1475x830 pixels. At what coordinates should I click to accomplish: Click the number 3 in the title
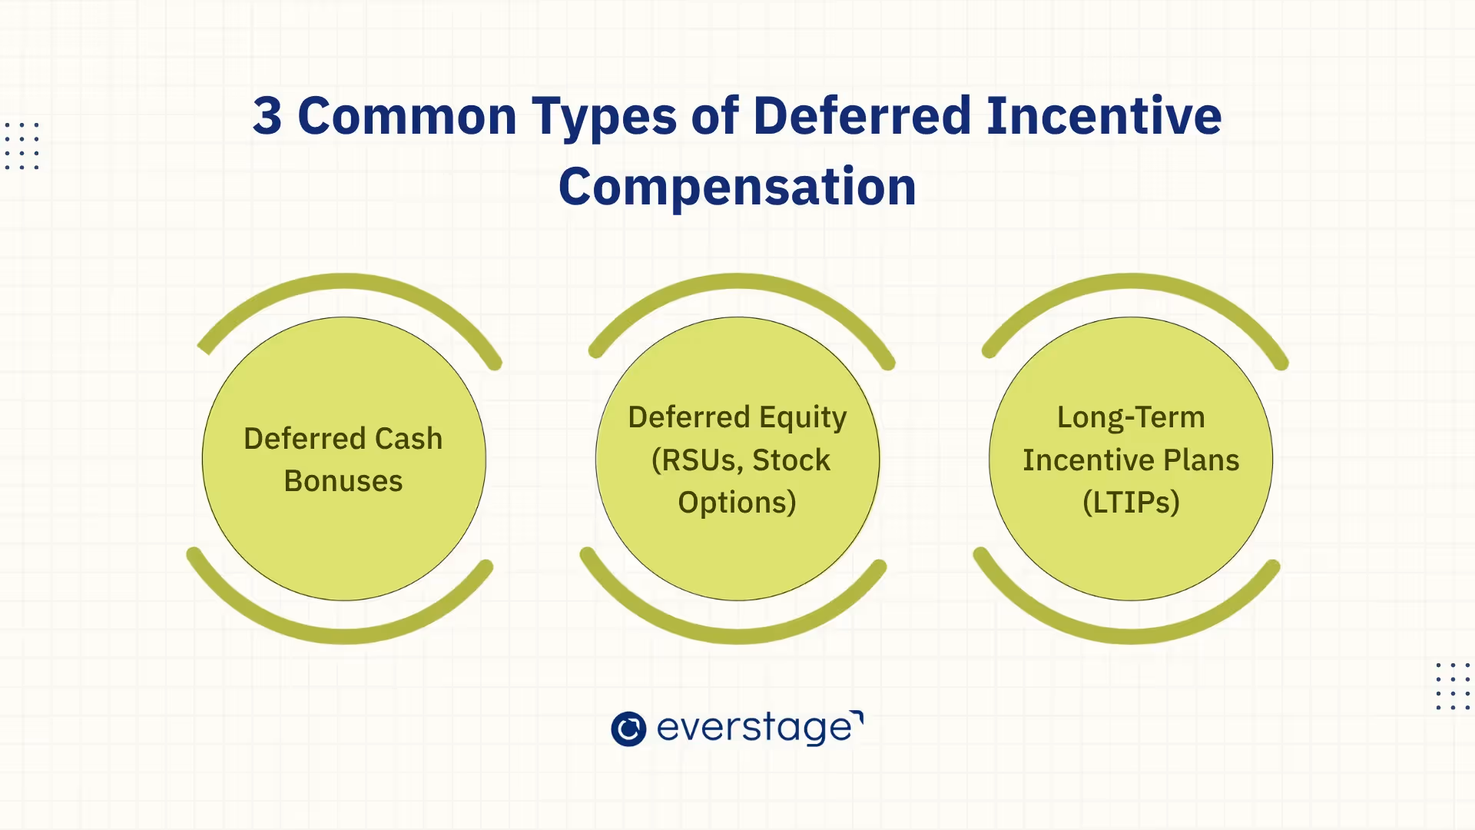tap(267, 117)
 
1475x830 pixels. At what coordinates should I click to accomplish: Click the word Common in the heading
tap(406, 117)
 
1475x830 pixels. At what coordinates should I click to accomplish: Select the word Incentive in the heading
tap(1103, 117)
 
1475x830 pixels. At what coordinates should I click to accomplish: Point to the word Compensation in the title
tap(737, 188)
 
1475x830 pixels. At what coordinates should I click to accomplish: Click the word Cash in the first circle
tap(408, 439)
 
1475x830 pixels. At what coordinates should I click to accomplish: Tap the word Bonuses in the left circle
tap(343, 481)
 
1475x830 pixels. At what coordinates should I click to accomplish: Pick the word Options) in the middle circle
tap(737, 503)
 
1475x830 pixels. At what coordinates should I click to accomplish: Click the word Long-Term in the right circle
tap(1130, 417)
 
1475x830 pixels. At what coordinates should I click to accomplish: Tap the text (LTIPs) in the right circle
tap(1130, 503)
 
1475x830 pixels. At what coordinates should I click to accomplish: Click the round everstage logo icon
tap(628, 729)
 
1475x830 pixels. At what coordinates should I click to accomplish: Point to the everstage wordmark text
tap(755, 728)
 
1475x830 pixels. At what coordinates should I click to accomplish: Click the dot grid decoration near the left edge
tap(22, 145)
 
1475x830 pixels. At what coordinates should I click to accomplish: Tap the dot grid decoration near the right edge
tap(1452, 686)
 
